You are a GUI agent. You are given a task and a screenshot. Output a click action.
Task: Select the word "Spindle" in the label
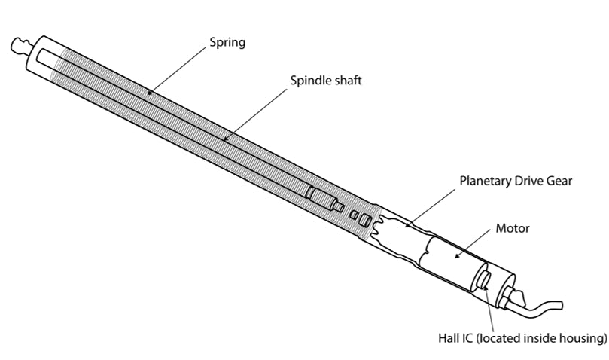pos(311,80)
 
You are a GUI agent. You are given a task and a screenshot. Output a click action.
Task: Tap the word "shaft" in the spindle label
pos(348,80)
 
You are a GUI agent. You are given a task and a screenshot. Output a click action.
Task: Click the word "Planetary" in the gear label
pos(486,182)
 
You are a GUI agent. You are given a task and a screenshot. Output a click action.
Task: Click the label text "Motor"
pos(512,228)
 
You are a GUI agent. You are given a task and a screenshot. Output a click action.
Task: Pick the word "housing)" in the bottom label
pos(583,338)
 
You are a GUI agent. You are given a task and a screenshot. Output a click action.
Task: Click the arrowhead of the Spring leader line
pos(149,95)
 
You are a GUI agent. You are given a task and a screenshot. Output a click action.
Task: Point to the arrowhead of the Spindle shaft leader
pos(224,140)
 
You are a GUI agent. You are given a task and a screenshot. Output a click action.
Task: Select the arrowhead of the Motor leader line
pos(454,258)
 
